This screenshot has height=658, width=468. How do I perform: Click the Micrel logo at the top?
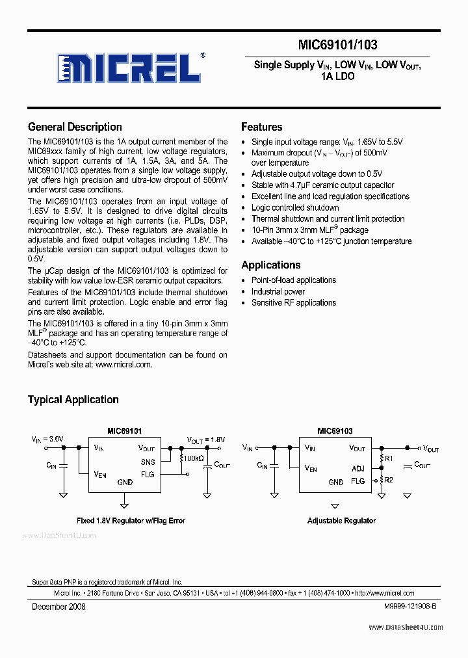(x=131, y=66)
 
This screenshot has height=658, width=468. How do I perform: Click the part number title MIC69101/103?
(x=337, y=45)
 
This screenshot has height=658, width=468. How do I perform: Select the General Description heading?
(x=75, y=127)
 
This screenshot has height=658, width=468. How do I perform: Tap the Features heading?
(x=261, y=127)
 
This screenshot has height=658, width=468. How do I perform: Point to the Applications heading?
(x=270, y=265)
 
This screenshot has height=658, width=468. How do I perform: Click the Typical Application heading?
(x=73, y=400)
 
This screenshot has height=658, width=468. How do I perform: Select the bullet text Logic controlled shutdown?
(x=295, y=207)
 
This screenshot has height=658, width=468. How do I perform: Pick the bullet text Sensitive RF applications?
(x=294, y=302)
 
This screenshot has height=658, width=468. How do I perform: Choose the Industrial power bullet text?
(x=278, y=291)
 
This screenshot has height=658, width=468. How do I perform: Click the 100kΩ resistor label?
(x=193, y=459)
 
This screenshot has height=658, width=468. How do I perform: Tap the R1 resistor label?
(x=389, y=459)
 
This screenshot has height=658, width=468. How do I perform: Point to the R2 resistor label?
(x=389, y=480)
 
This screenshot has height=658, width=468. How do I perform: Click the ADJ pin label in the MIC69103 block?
(x=357, y=468)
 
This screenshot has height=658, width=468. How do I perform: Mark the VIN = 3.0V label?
(x=47, y=440)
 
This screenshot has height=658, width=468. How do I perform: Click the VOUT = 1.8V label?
(x=205, y=440)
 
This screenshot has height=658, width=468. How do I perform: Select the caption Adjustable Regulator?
(x=341, y=521)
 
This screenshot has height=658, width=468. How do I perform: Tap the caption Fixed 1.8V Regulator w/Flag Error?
(x=131, y=521)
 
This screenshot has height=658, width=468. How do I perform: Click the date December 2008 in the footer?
(x=58, y=607)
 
